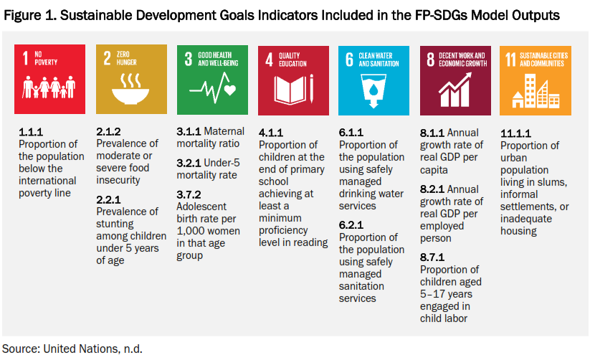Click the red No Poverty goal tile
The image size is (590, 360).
(49, 80)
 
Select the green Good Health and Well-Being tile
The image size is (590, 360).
(212, 80)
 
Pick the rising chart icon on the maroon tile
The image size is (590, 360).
(455, 91)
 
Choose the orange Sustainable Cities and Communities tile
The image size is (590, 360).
(536, 80)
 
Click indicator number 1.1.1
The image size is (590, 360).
(31, 133)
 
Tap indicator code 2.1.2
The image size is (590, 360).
(109, 133)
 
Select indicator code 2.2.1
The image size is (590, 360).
(109, 200)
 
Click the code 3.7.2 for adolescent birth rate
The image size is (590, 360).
(189, 194)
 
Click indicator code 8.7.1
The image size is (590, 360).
(432, 257)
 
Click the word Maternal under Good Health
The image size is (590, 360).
(224, 132)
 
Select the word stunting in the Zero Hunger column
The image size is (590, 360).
(116, 224)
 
